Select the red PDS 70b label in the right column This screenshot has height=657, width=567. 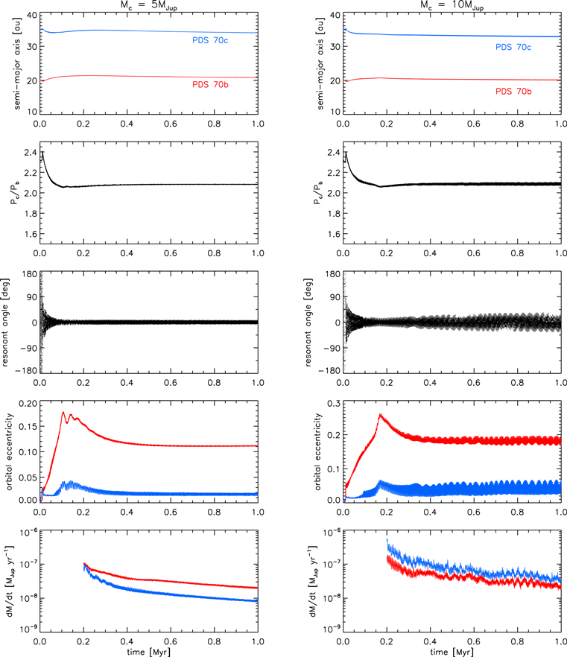pos(528,90)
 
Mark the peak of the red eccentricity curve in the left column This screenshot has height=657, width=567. pos(63,412)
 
